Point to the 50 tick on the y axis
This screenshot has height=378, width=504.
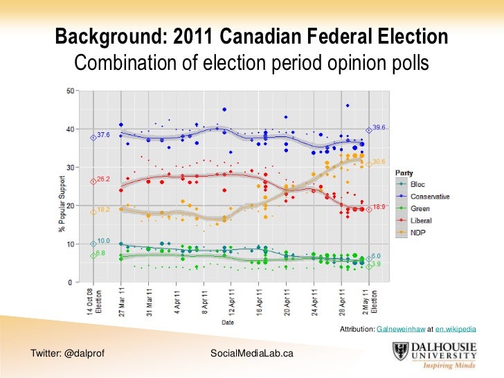[71, 91]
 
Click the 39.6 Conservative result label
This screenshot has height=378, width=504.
[379, 127]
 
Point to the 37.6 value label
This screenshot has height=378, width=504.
[103, 134]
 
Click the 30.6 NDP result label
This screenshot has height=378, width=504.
[378, 162]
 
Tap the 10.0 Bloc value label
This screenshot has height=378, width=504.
[103, 240]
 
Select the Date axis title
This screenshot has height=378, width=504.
[227, 323]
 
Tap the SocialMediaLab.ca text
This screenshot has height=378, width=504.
[251, 354]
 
